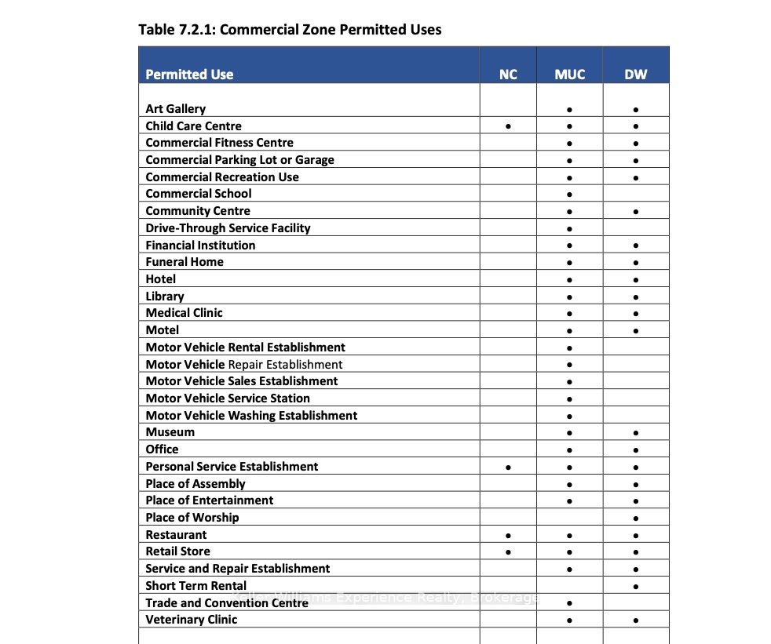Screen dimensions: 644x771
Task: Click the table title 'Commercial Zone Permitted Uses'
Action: [290, 30]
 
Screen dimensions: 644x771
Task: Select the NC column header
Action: [508, 75]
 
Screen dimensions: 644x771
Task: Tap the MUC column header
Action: [569, 75]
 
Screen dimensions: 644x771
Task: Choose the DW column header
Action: [635, 75]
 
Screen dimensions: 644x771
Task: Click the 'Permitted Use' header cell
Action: [189, 75]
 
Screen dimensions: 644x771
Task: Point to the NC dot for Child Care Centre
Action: [509, 126]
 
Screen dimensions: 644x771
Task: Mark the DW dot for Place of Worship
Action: [635, 518]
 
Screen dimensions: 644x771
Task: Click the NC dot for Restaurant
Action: [509, 536]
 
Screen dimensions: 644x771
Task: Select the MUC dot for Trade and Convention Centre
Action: [569, 604]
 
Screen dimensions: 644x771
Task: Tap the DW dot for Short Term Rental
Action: [635, 586]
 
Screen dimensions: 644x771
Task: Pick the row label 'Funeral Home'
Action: [185, 262]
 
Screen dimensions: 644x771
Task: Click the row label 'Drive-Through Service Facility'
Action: [228, 228]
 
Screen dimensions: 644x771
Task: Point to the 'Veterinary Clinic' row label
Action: [191, 620]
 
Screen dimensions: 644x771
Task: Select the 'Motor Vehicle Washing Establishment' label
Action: [251, 416]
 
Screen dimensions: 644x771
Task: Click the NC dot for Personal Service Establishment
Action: [509, 468]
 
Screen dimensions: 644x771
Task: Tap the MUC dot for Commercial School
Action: [569, 195]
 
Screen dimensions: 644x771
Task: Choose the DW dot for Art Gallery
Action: [635, 110]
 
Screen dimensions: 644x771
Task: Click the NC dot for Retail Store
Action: [509, 552]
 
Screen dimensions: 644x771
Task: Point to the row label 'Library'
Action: [165, 297]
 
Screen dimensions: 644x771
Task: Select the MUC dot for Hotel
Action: [569, 280]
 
